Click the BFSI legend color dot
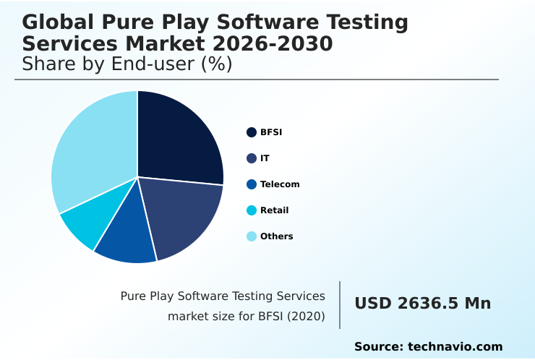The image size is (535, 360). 252,132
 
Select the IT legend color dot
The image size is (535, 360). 252,158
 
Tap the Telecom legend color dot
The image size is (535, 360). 252,184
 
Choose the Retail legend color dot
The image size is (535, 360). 252,210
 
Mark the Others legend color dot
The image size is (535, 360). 252,236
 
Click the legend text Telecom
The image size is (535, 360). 280,184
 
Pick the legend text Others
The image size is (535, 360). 277,236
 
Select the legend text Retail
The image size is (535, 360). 275,210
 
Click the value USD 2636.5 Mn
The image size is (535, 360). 422,304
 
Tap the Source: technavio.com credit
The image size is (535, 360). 428,347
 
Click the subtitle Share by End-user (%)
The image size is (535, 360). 127,64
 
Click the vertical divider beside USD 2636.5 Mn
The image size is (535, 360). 340,305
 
